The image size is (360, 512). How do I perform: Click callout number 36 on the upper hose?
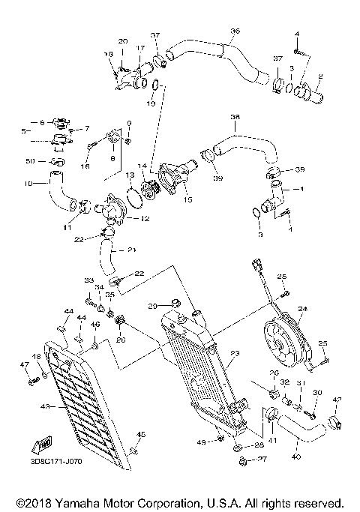point(235,31)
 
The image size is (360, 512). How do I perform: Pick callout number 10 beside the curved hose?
point(29,182)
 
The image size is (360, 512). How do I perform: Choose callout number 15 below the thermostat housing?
point(187,199)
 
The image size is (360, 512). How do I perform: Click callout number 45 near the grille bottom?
point(140,435)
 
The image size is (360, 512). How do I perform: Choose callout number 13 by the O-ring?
point(129,175)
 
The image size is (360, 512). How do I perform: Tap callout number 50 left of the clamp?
point(31,161)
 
